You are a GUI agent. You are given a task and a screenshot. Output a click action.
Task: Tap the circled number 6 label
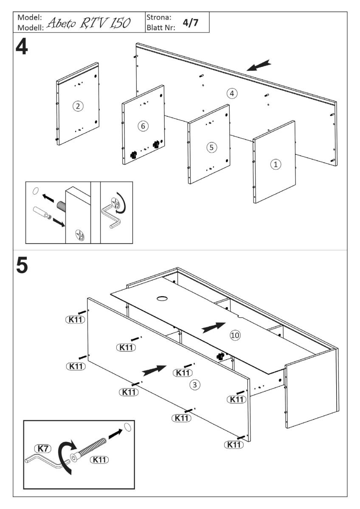[143, 126]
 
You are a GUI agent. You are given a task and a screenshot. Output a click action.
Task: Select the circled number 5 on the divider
[211, 147]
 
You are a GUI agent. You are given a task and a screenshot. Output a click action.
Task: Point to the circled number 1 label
[276, 164]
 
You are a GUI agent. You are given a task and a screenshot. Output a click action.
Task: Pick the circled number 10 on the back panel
[235, 335]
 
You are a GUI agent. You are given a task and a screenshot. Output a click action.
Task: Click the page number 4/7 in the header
[190, 22]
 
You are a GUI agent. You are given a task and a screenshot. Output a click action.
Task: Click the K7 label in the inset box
[41, 448]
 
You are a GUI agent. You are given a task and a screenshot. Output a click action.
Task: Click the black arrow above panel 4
[258, 65]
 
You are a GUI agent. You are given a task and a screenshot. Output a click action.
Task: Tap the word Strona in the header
[159, 17]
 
